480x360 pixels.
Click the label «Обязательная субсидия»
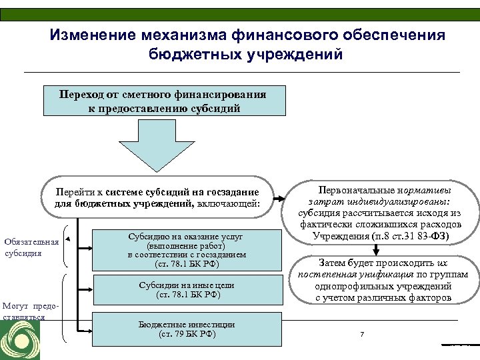(x=31, y=247)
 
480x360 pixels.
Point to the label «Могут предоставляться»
(x=31, y=311)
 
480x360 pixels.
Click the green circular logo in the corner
(x=20, y=341)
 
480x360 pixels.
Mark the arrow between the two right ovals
(x=377, y=249)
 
